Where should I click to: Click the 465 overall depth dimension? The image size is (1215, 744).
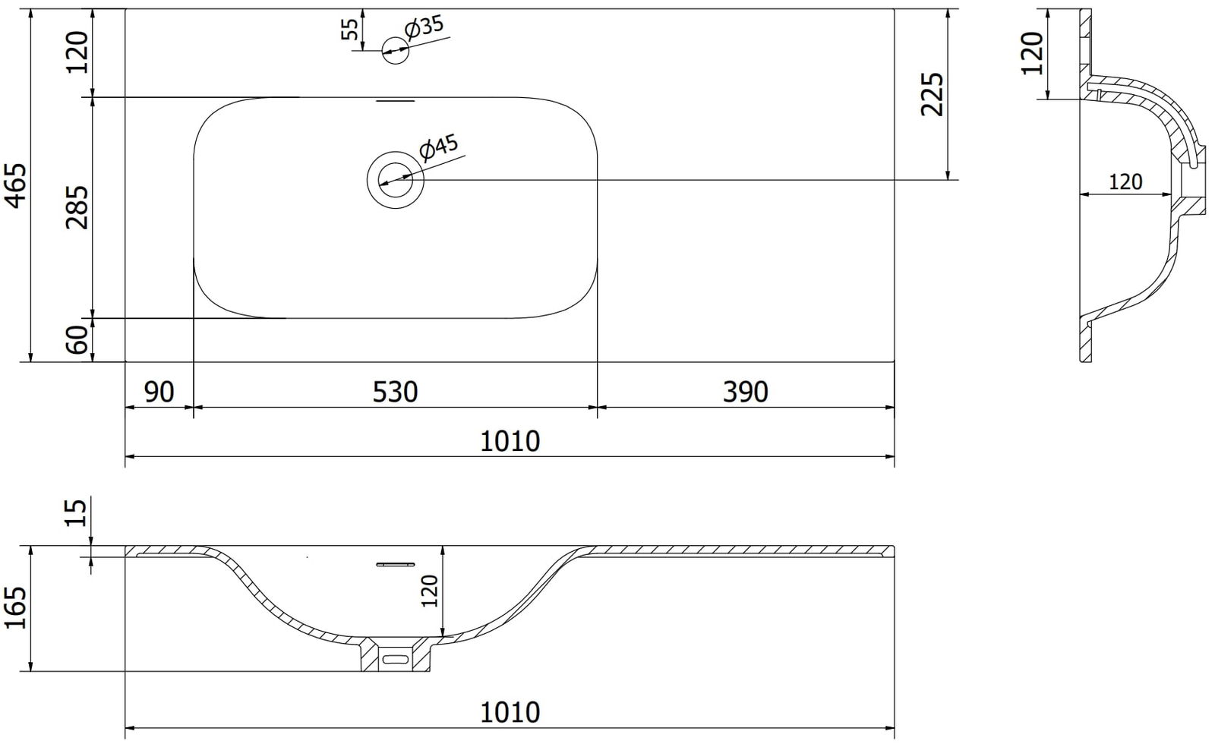point(17,185)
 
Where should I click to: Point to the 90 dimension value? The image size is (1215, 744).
point(159,392)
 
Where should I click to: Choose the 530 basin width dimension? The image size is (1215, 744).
point(395,392)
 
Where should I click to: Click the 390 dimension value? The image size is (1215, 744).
point(745,392)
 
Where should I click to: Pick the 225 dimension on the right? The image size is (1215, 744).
point(933,94)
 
